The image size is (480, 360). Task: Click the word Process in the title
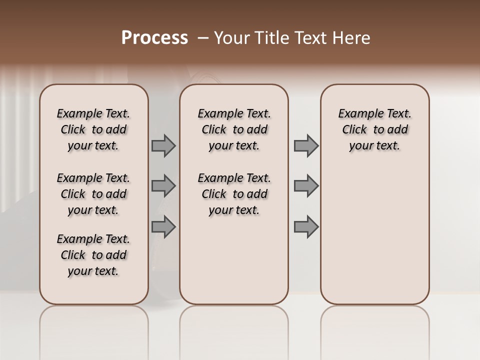(x=154, y=38)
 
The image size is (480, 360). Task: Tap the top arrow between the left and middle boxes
(x=163, y=146)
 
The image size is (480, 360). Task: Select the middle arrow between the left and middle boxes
(x=163, y=186)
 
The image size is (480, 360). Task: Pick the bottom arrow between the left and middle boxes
(x=163, y=227)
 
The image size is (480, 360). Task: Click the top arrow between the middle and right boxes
(x=306, y=146)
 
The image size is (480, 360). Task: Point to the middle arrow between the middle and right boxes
(x=306, y=186)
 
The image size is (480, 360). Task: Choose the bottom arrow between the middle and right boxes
(x=306, y=227)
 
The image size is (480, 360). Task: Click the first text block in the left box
(x=93, y=129)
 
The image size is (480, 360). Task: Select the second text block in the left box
(x=93, y=194)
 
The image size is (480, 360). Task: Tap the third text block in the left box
(x=93, y=255)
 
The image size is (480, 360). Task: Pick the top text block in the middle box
(x=234, y=129)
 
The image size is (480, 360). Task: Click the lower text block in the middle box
(x=234, y=194)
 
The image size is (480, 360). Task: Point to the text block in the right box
(x=375, y=129)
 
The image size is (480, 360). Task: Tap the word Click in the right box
(x=354, y=130)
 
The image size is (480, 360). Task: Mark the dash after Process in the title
(x=203, y=38)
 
